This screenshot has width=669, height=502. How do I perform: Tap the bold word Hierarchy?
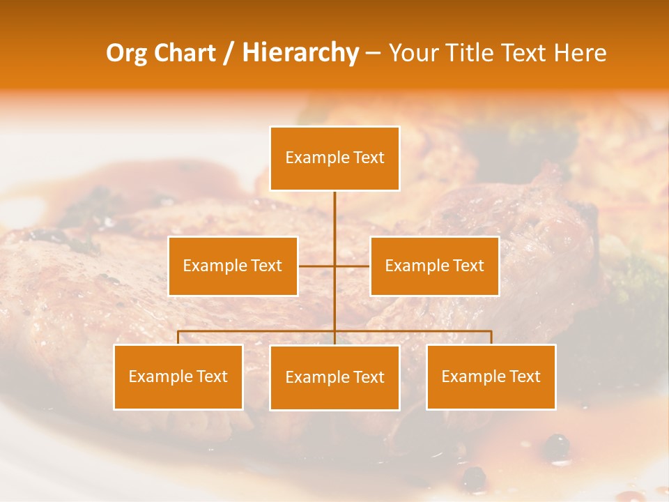tap(300, 53)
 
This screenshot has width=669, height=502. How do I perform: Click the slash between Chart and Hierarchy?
tap(229, 54)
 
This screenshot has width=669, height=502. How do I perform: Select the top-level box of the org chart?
tap(334, 158)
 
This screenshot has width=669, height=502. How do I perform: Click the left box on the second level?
tap(233, 266)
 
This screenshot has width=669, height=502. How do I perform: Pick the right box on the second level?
tap(434, 266)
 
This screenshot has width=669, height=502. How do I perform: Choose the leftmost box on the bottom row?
tap(178, 376)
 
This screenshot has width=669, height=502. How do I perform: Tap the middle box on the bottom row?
tap(334, 377)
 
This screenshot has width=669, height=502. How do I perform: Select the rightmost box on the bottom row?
tap(491, 376)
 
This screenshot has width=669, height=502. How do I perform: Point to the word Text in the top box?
tap(369, 158)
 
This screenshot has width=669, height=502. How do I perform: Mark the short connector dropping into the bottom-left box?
tap(178, 337)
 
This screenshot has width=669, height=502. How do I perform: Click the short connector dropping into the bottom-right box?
tap(491, 337)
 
